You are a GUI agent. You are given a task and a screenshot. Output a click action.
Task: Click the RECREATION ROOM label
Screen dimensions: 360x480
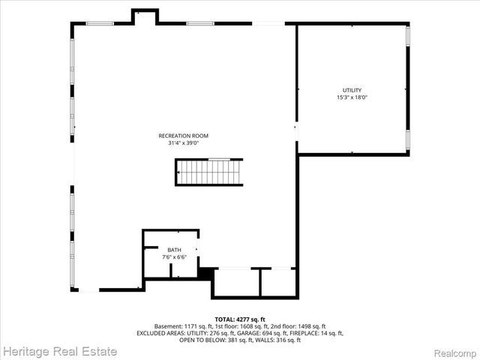183,136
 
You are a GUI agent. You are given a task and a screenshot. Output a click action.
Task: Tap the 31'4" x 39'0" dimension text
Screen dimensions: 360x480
183,143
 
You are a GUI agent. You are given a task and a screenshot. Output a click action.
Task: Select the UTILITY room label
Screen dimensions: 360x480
352,90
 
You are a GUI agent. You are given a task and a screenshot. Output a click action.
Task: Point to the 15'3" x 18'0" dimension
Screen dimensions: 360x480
352,97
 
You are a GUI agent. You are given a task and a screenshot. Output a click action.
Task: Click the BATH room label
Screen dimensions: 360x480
174,250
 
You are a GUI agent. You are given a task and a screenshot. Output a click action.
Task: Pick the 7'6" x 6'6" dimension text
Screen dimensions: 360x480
174,257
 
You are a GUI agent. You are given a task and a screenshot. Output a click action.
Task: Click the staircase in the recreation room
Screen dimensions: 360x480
210,172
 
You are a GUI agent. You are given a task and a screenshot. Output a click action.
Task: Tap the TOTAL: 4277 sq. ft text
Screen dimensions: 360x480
240,319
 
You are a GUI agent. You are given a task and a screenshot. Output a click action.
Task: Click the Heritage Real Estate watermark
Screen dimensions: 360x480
59,350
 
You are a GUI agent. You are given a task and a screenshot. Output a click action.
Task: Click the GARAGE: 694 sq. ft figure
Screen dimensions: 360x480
277,333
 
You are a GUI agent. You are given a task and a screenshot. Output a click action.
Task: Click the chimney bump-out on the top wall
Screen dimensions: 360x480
145,16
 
